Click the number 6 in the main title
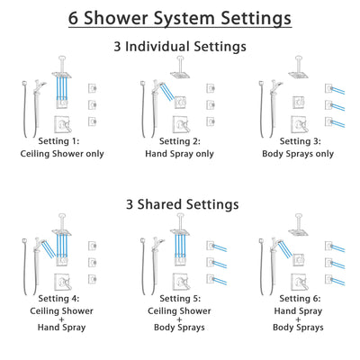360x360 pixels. click(76, 18)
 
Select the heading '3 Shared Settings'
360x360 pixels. click(180, 204)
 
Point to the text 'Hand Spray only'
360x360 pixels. click(181, 153)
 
